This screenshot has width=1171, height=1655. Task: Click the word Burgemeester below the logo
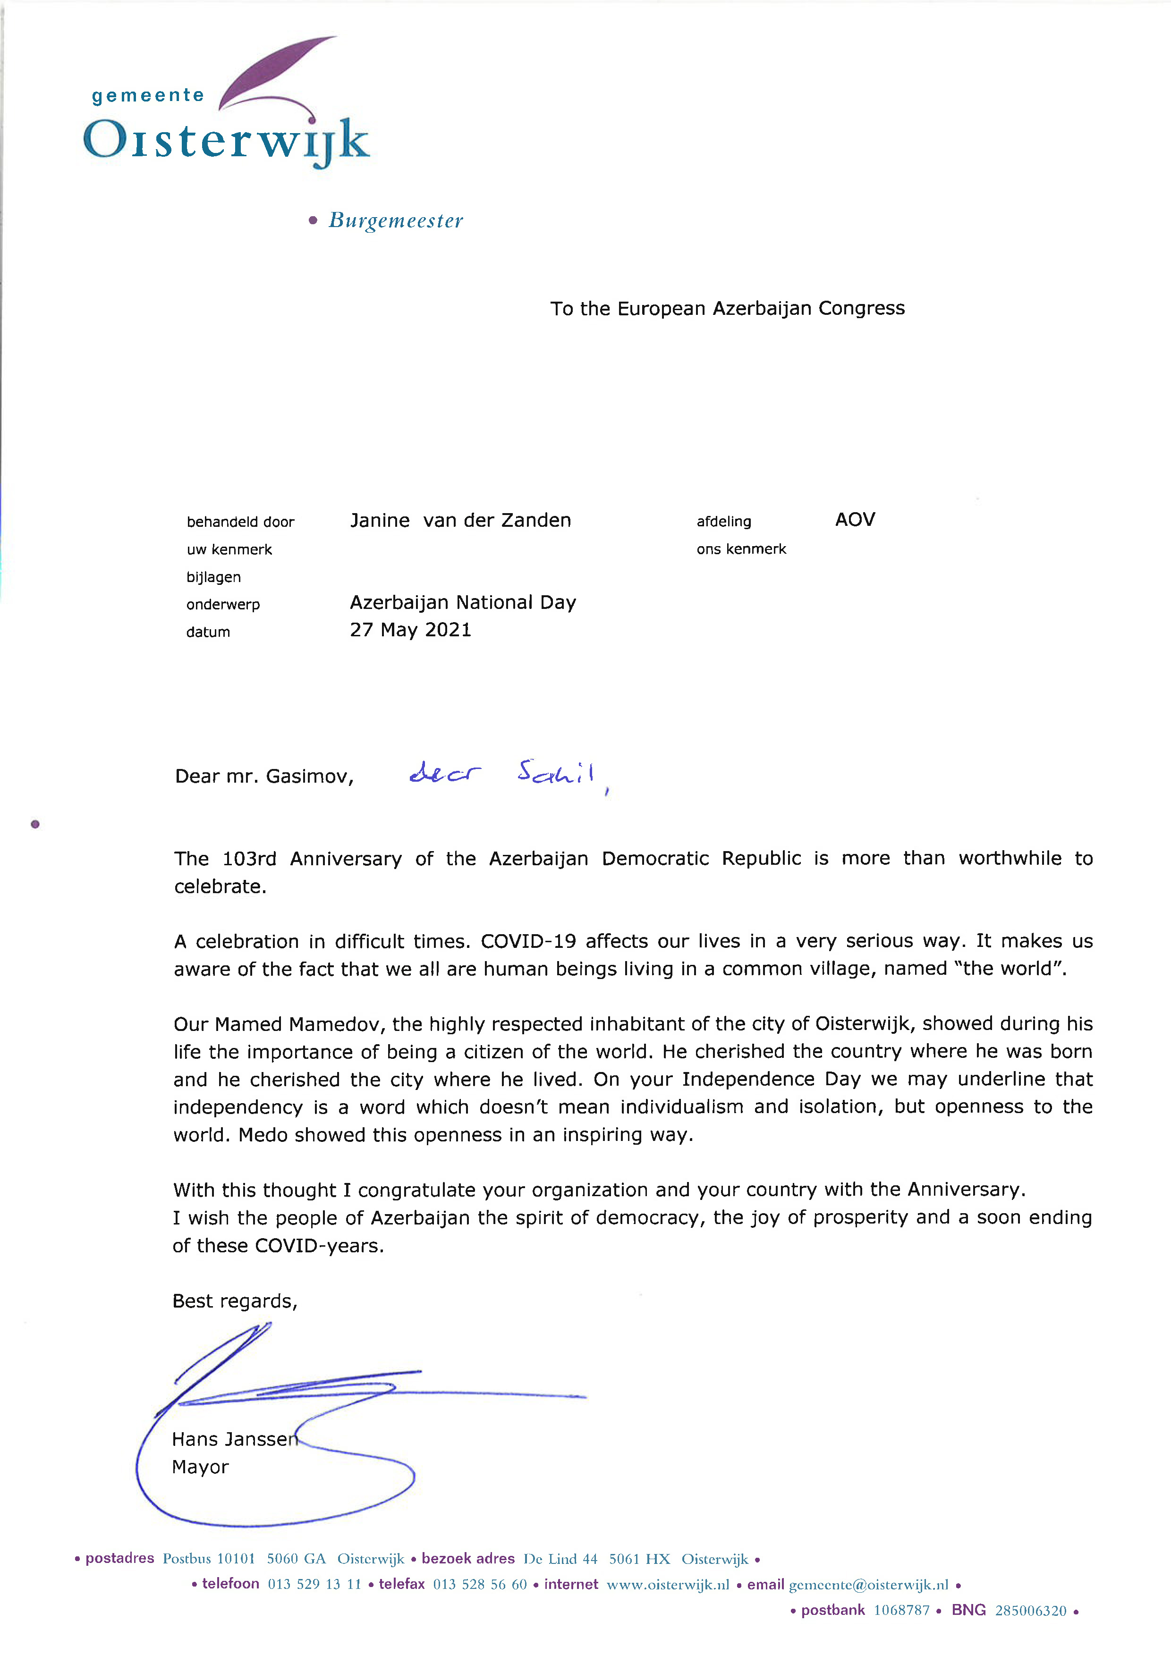click(x=395, y=220)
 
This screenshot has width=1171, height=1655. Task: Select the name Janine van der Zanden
click(x=460, y=520)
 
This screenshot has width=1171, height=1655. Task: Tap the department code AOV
click(x=855, y=520)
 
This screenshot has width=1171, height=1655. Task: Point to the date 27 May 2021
click(x=410, y=630)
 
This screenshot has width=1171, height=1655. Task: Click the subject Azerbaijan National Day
click(x=463, y=603)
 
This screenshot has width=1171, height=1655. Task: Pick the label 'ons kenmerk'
click(x=740, y=549)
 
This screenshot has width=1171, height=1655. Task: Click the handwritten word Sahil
click(x=556, y=773)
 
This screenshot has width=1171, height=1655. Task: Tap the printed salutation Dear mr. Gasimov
click(x=264, y=777)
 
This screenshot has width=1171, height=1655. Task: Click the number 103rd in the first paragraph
click(x=249, y=859)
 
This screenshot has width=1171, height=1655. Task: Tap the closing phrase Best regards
click(x=234, y=1301)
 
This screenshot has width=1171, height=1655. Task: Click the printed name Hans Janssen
click(x=234, y=1439)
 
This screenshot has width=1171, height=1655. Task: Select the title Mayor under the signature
click(x=200, y=1467)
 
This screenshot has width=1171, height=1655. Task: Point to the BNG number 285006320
click(x=1030, y=1610)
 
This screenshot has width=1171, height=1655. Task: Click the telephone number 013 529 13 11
click(x=314, y=1584)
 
